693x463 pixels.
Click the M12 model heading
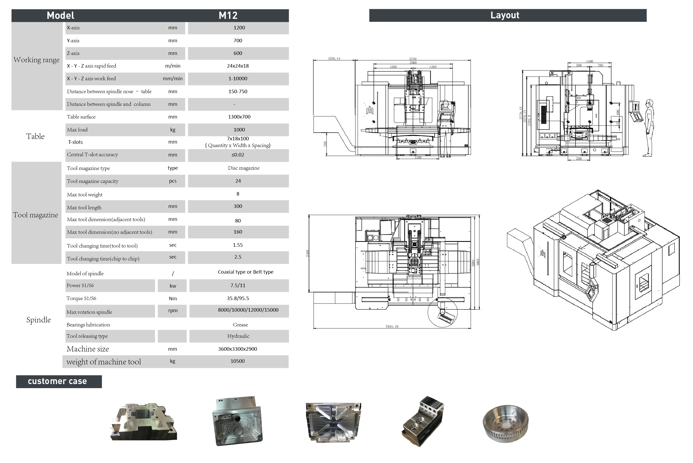pyautogui.click(x=228, y=15)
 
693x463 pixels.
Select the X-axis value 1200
pyautogui.click(x=239, y=28)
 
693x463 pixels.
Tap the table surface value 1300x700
pyautogui.click(x=239, y=117)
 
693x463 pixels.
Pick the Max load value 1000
pyautogui.click(x=239, y=130)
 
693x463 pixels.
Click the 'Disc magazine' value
pyautogui.click(x=243, y=168)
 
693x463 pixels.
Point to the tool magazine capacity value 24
pyautogui.click(x=238, y=181)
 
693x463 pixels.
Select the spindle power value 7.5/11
pyautogui.click(x=238, y=286)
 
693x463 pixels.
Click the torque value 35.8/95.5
pyautogui.click(x=238, y=298)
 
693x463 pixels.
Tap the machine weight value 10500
pyautogui.click(x=237, y=361)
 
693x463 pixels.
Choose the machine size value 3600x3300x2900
pyautogui.click(x=237, y=349)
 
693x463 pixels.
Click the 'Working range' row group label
pyautogui.click(x=36, y=60)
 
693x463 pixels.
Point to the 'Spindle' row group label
pyautogui.click(x=38, y=320)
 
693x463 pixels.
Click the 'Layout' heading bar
pyautogui.click(x=505, y=15)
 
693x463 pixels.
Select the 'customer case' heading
pyautogui.click(x=58, y=381)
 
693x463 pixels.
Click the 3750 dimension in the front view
pyautogui.click(x=413, y=59)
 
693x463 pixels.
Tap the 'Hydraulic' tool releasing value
pyautogui.click(x=238, y=336)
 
